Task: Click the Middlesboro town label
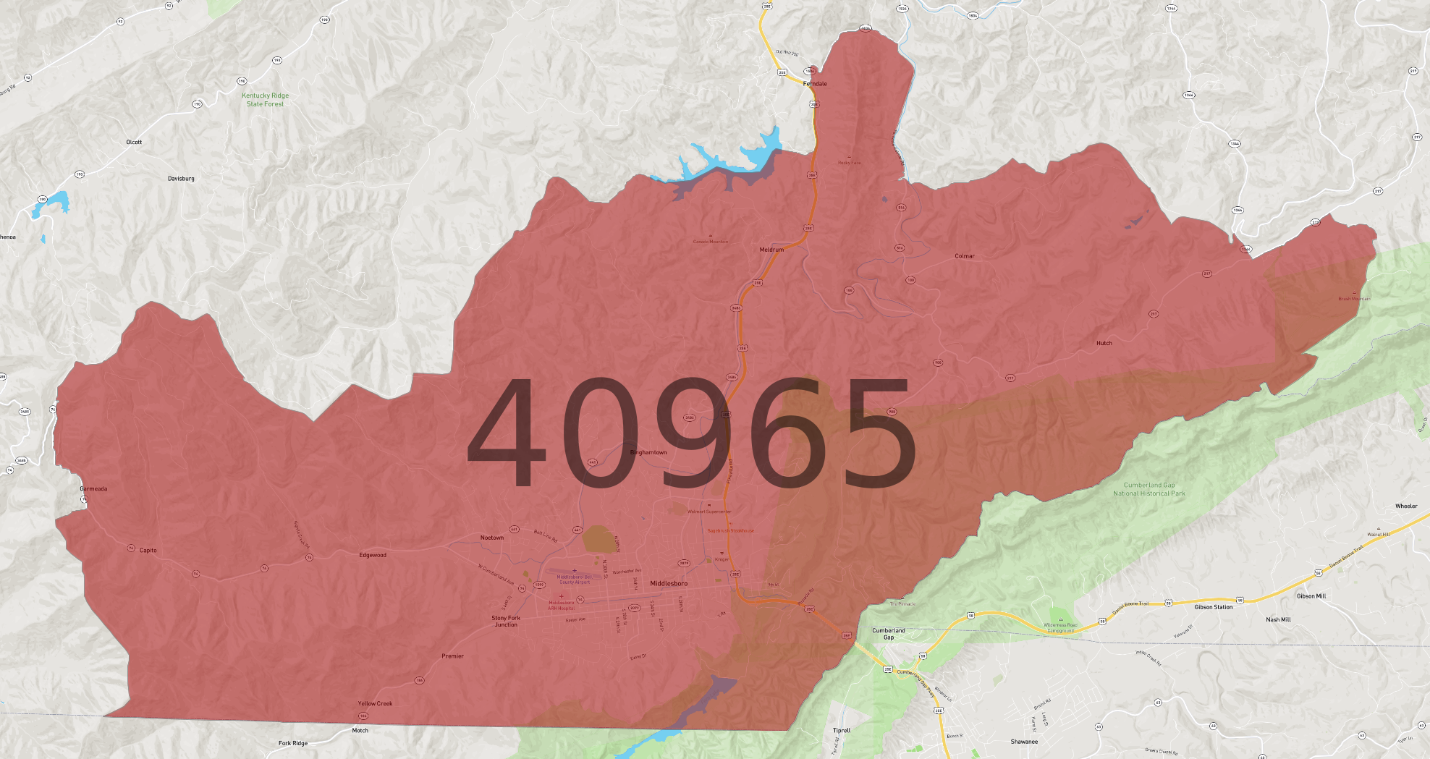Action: pos(669,583)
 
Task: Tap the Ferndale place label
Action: pos(815,84)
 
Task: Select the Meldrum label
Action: pos(771,250)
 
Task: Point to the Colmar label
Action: pos(965,256)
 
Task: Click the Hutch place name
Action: pos(1104,344)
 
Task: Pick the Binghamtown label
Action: pos(648,453)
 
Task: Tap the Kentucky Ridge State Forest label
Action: pos(265,100)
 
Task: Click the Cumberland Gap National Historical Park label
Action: pos(1149,489)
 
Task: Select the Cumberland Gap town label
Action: pos(889,634)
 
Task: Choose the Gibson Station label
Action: pos(1214,607)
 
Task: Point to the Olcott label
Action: pos(134,143)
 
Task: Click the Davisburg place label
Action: pos(181,179)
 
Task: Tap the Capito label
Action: pos(148,551)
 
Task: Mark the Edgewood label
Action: pos(373,556)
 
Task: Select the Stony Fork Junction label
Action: pos(506,621)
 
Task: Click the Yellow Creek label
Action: pos(375,703)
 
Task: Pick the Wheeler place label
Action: pos(1406,506)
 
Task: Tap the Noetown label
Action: pos(492,538)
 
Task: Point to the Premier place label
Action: pos(453,656)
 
